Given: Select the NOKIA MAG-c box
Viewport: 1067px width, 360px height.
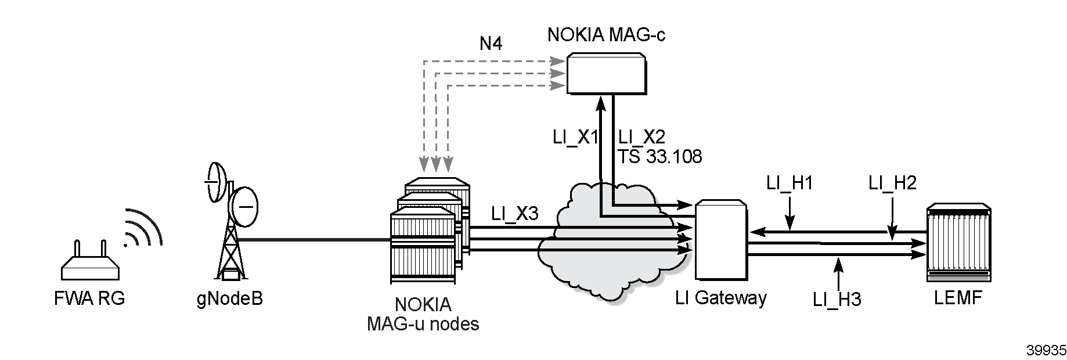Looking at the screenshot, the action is coord(606,73).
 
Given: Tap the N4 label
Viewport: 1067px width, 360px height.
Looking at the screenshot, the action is coord(491,44).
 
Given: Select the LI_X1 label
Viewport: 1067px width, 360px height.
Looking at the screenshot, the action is coord(575,137).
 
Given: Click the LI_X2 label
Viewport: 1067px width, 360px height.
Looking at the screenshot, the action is coord(641,137).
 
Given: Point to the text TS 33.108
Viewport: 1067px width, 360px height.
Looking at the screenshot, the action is coord(659,156).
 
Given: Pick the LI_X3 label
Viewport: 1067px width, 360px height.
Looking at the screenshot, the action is coord(515,213).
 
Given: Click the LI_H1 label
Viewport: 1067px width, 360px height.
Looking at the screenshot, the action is coord(789,183).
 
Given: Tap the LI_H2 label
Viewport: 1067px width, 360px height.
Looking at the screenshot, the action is coord(892,183).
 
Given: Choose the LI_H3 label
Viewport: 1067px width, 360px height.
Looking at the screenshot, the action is coord(837,300).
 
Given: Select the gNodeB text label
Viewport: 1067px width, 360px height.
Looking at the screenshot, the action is coord(229,299).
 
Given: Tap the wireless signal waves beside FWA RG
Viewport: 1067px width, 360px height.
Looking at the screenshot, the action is coord(142,228).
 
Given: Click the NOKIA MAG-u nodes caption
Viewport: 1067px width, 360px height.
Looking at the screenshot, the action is coord(423,314).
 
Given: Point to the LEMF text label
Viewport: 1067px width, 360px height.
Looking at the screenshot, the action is coord(957,298).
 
